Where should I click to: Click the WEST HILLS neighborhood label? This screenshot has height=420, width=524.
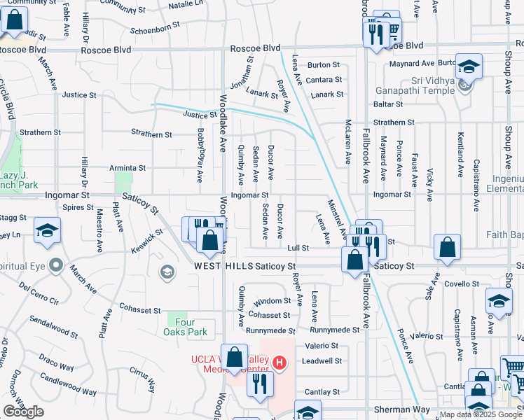(x=224, y=267)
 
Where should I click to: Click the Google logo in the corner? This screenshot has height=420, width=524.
(x=23, y=412)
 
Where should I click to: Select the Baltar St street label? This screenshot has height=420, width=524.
(x=388, y=104)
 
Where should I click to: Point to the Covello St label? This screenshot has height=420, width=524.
(x=460, y=283)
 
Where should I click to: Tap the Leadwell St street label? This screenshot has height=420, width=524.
(x=322, y=361)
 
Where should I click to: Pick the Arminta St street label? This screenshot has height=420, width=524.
(x=127, y=168)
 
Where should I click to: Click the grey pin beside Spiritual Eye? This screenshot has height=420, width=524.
(x=57, y=267)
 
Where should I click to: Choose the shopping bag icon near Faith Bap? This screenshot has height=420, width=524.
(x=447, y=246)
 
